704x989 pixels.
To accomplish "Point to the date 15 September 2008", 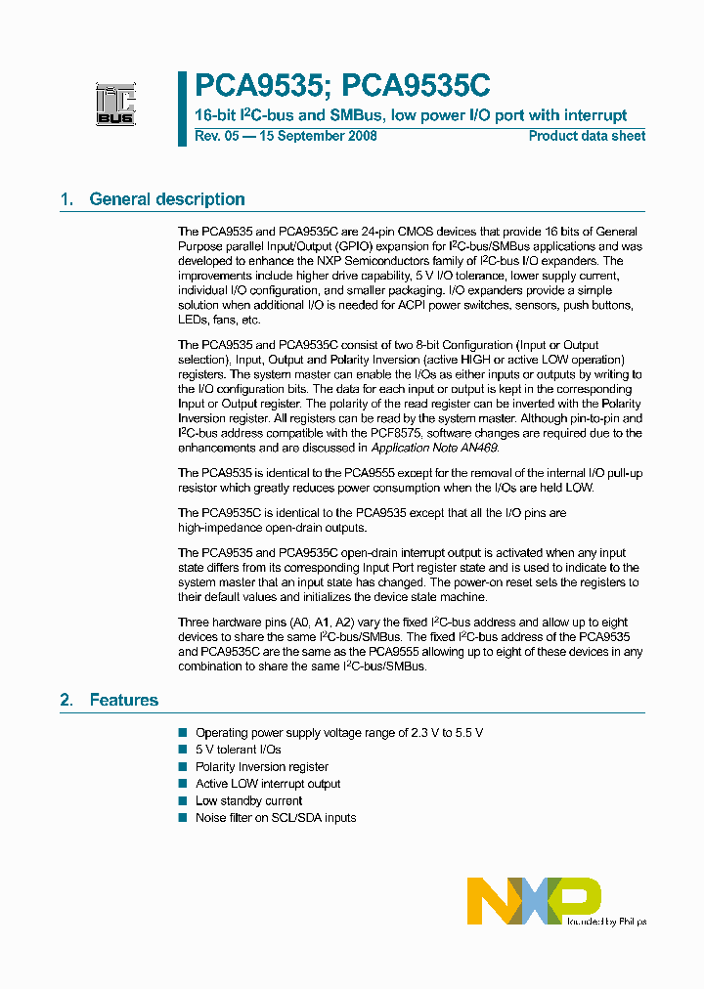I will [317, 136].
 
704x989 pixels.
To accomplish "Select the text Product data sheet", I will [587, 136].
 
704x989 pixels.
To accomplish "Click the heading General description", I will [166, 199].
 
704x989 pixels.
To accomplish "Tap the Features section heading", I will [123, 700].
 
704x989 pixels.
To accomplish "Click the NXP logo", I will [534, 900].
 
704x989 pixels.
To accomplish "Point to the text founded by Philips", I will [605, 921].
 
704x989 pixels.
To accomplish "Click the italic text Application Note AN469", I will [434, 448].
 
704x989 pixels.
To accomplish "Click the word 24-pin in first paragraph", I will [368, 232].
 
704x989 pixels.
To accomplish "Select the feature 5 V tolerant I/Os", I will [238, 750].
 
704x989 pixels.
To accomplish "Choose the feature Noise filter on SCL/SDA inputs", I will [276, 817].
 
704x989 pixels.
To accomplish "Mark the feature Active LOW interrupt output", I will [268, 784].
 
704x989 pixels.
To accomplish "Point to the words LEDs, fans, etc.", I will [219, 320].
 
